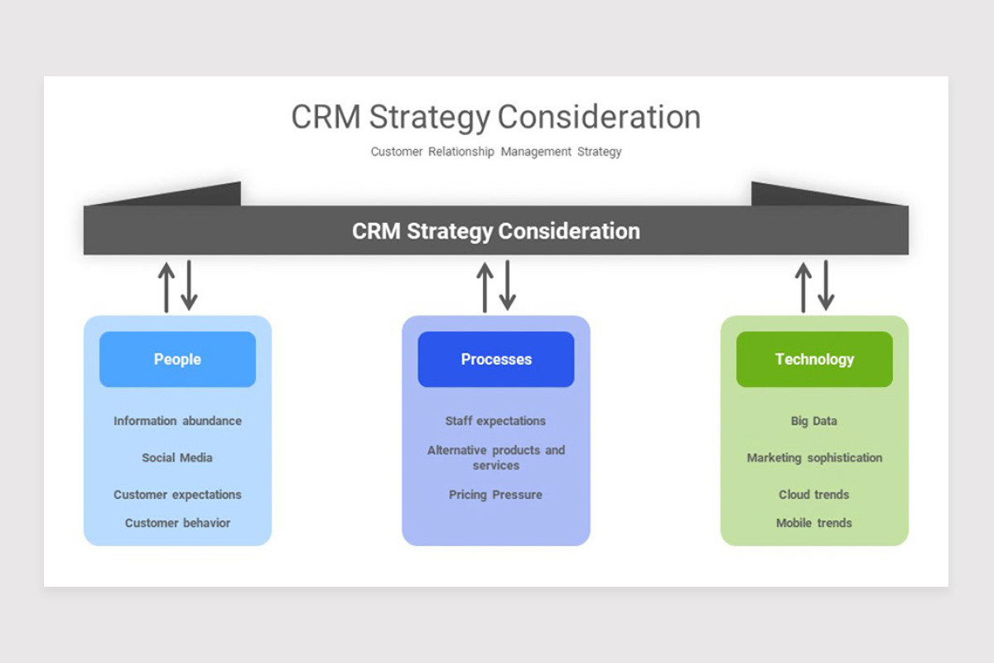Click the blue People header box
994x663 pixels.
point(177,359)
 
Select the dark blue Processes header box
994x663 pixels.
point(496,359)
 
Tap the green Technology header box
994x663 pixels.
point(814,359)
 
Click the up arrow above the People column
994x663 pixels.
point(166,288)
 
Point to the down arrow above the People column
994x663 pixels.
point(189,286)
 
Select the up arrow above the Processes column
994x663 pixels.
point(485,288)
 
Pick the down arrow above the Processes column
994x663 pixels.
point(508,286)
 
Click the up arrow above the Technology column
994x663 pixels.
point(803,288)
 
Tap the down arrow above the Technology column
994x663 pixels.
point(826,286)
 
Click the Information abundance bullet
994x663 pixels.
point(177,421)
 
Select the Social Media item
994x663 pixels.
point(177,457)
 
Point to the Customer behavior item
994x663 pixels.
point(177,523)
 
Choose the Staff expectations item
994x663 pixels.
point(495,422)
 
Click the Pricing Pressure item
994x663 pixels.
point(495,495)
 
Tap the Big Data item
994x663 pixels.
point(813,422)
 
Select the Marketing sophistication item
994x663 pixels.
point(814,458)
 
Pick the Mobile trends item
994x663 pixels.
point(813,523)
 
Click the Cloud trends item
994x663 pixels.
point(813,495)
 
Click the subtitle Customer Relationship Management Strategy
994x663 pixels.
point(496,152)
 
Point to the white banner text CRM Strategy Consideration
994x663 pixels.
point(496,231)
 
